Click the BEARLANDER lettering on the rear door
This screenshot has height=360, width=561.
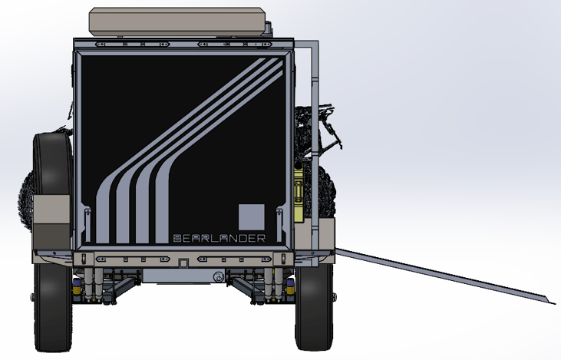(x=219, y=238)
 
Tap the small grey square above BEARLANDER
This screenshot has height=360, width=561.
(x=251, y=216)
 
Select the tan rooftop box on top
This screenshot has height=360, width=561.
(x=180, y=22)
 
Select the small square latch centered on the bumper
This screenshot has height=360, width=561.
(x=183, y=263)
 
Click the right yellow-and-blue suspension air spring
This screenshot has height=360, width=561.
(x=290, y=286)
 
